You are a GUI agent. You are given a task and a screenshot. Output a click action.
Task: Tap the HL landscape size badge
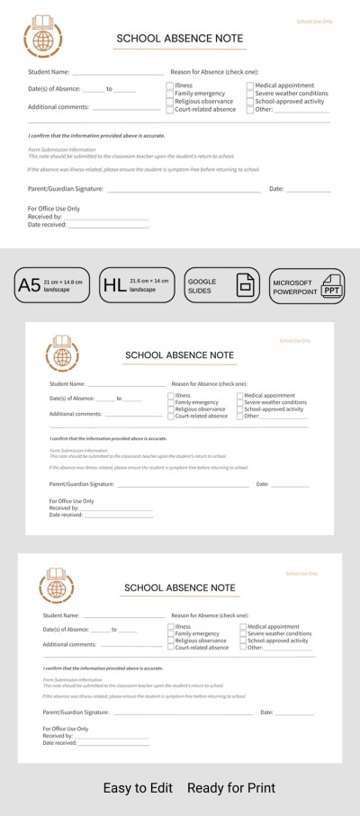135,285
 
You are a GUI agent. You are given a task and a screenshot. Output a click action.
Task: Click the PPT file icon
332,286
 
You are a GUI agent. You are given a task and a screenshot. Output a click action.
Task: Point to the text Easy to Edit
138,787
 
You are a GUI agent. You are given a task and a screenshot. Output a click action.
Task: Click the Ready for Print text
231,787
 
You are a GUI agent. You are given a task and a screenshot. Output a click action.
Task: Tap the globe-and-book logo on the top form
41,36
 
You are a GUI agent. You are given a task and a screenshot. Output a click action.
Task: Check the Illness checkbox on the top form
169,85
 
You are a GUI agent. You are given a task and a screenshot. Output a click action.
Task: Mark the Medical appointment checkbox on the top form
249,85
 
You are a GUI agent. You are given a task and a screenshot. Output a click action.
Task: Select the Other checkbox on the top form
249,109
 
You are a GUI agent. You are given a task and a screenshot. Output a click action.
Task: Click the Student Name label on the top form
49,70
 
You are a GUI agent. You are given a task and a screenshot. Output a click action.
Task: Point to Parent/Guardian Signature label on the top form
66,189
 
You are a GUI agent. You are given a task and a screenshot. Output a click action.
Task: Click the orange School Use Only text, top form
313,20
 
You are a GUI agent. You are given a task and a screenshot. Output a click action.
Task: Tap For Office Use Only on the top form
54,208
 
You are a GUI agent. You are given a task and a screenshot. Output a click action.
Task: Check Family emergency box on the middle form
171,402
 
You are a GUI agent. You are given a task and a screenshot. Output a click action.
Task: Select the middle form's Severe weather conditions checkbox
240,402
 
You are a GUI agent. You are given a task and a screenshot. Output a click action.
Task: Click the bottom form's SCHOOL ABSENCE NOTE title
180,587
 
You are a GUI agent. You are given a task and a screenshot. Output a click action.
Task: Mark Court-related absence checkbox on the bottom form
171,647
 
